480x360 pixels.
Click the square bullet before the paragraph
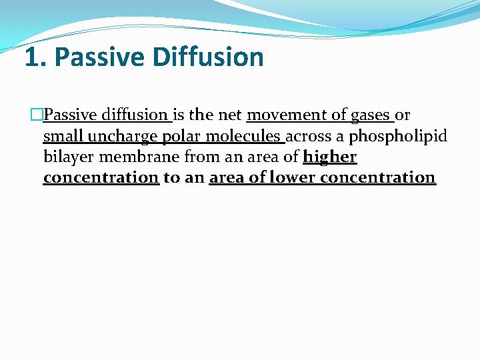(x=37, y=115)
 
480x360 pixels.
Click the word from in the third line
(x=199, y=157)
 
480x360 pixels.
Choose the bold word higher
(x=329, y=157)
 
